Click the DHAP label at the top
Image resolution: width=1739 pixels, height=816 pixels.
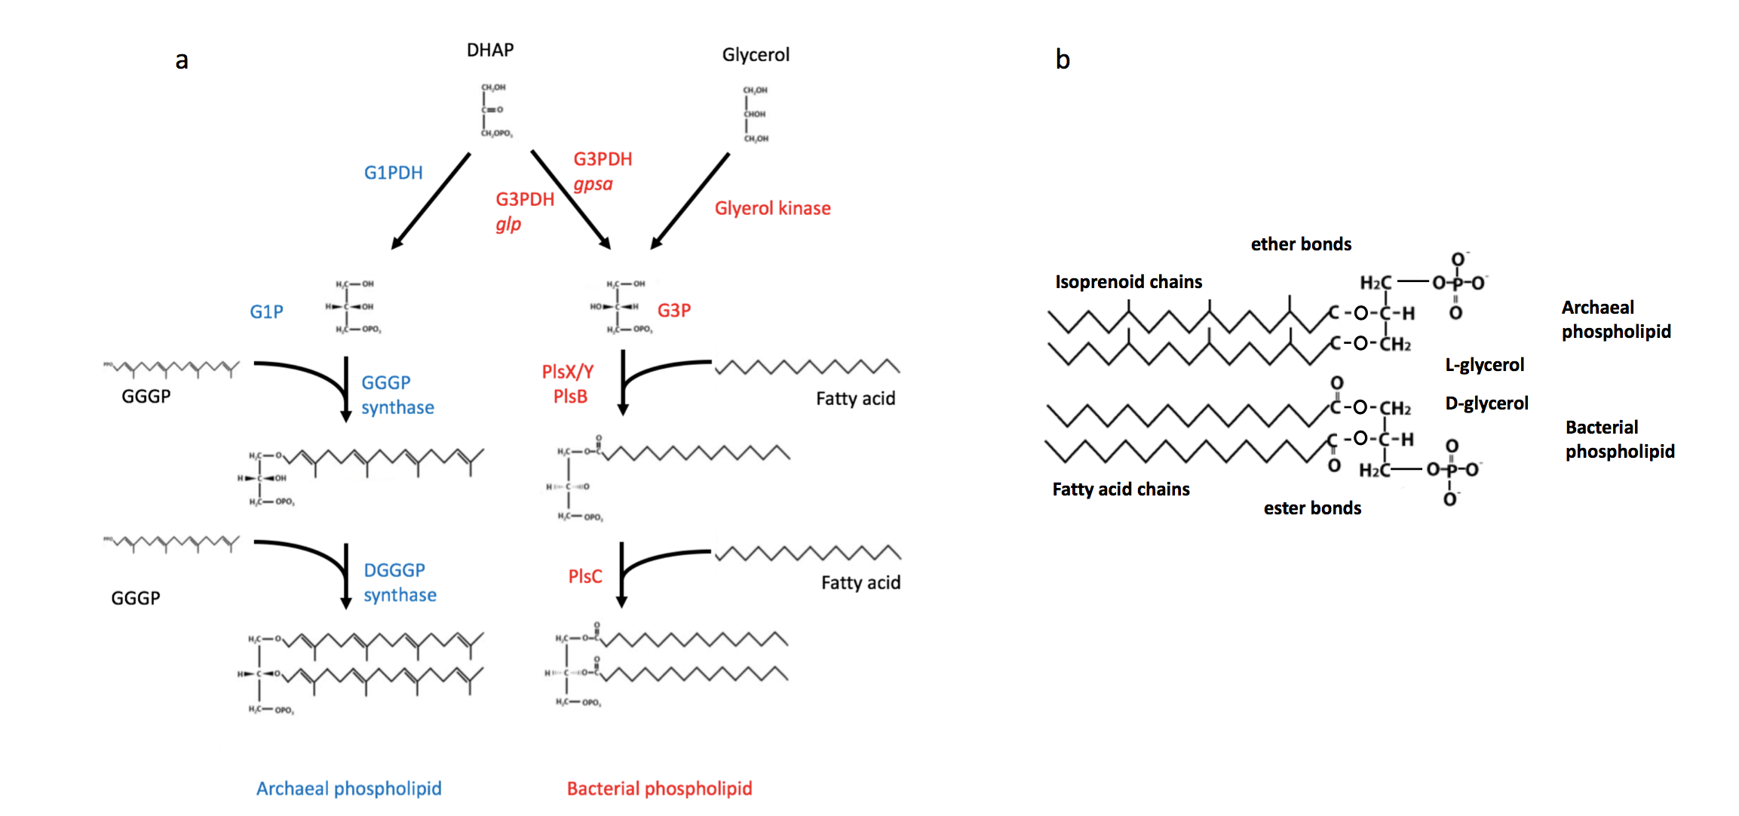[x=490, y=50]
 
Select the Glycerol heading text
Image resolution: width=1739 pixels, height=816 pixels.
[x=756, y=55]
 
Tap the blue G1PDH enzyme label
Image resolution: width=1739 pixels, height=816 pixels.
[x=393, y=173]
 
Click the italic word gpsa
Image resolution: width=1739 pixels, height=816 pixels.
[x=593, y=184]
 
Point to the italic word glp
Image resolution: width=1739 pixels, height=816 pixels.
[x=508, y=224]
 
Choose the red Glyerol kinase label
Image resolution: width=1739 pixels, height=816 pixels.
[x=772, y=208]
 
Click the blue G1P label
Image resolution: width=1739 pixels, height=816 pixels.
[x=266, y=311]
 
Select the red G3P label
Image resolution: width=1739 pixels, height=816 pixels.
[x=673, y=310]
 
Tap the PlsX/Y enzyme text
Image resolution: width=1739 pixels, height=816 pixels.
[x=568, y=372]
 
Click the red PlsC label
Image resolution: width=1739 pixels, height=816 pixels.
[x=584, y=576]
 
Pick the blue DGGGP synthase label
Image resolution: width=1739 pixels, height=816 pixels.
[x=400, y=582]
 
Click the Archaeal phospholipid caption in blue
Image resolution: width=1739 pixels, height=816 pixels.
[x=348, y=788]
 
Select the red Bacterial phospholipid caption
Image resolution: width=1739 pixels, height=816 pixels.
[x=659, y=788]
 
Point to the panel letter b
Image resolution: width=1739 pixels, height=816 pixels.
[x=1062, y=60]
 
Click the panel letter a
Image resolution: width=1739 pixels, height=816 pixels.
[x=182, y=60]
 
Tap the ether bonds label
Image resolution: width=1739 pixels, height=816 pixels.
[x=1301, y=244]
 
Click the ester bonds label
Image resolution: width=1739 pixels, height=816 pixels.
[x=1312, y=508]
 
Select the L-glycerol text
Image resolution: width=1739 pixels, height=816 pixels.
[x=1484, y=365]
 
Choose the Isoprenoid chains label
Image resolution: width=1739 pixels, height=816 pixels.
[x=1128, y=282]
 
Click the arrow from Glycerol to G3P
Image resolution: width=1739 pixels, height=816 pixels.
[x=689, y=201]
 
